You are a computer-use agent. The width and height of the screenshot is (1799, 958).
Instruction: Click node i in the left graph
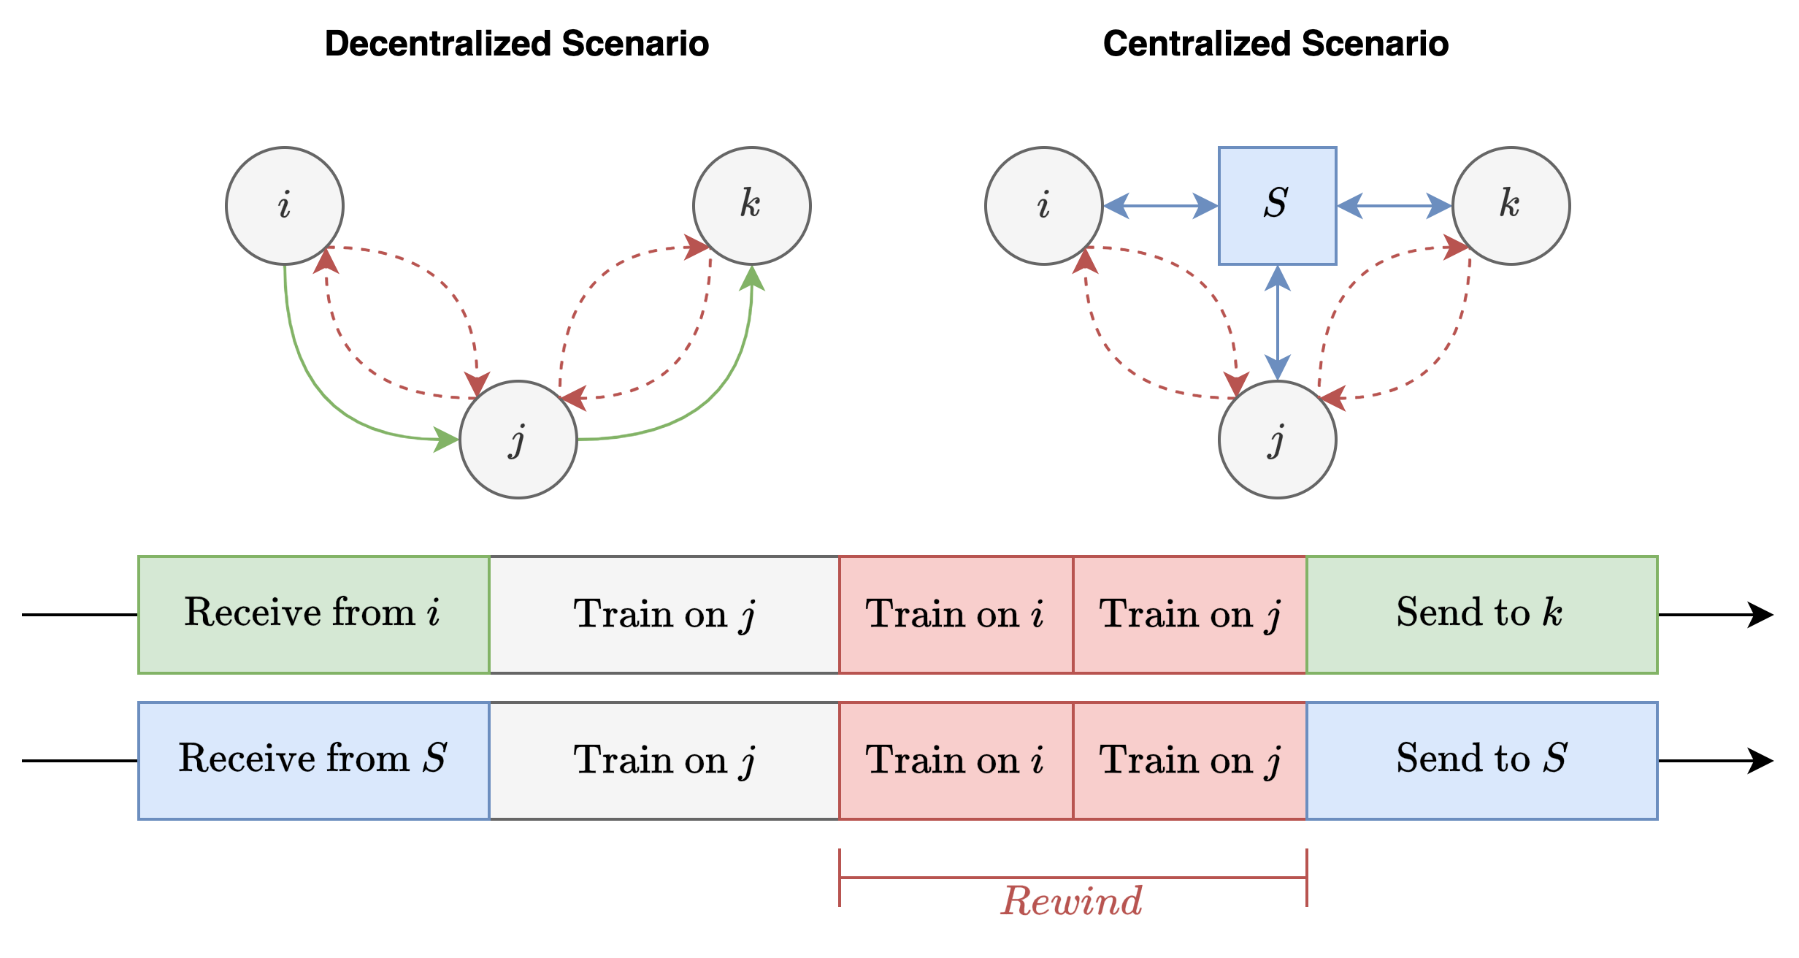pyautogui.click(x=285, y=205)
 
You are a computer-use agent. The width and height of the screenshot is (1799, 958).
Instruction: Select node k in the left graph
pyautogui.click(x=751, y=205)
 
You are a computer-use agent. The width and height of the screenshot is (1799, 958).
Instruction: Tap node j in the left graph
pyautogui.click(x=518, y=440)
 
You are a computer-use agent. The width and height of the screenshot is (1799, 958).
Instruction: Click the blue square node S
pyautogui.click(x=1277, y=205)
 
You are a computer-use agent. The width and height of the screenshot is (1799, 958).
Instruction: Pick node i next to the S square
pyautogui.click(x=1043, y=205)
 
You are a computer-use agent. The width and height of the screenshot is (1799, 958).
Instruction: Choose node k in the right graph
pyautogui.click(x=1511, y=205)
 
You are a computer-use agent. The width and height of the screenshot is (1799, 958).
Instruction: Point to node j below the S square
pyautogui.click(x=1277, y=440)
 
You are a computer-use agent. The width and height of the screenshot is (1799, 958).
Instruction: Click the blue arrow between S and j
pyautogui.click(x=1277, y=322)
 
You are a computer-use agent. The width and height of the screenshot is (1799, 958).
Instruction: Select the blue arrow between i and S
pyautogui.click(x=1160, y=206)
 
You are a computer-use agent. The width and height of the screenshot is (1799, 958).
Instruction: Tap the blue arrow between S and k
pyautogui.click(x=1394, y=206)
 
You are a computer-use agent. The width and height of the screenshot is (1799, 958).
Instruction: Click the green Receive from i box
pyautogui.click(x=313, y=614)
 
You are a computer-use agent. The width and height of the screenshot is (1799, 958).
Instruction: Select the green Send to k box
pyautogui.click(x=1481, y=614)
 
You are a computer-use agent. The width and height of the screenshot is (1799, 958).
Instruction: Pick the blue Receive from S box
pyautogui.click(x=313, y=760)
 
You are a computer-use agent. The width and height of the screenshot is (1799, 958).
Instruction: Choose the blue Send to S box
pyautogui.click(x=1481, y=760)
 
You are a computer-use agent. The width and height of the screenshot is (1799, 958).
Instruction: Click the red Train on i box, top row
pyautogui.click(x=956, y=614)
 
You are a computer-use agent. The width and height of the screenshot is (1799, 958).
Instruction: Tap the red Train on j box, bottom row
pyautogui.click(x=1189, y=760)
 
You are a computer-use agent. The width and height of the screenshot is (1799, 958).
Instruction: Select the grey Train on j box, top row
pyautogui.click(x=664, y=614)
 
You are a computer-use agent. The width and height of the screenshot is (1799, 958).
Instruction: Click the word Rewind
pyautogui.click(x=1071, y=900)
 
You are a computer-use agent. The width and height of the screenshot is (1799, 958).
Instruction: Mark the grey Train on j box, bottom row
pyautogui.click(x=664, y=760)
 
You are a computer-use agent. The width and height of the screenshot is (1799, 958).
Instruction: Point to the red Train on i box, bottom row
pyautogui.click(x=956, y=760)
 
